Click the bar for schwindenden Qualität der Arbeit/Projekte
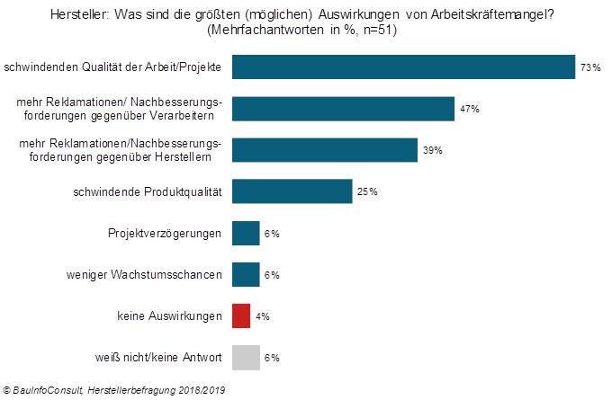coord(403,67)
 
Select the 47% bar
coord(343,108)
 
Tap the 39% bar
coord(325,150)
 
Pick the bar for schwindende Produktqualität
coord(292,191)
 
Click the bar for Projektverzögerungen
coord(246,234)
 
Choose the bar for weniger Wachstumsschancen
coord(246,274)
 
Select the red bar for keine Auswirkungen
coord(240,316)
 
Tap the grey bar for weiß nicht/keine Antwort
coord(246,357)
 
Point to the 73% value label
coord(590,68)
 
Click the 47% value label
coord(470,109)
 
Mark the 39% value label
coord(433,150)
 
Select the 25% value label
coord(367,191)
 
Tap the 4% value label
coord(263,316)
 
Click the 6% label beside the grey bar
coord(273,358)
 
